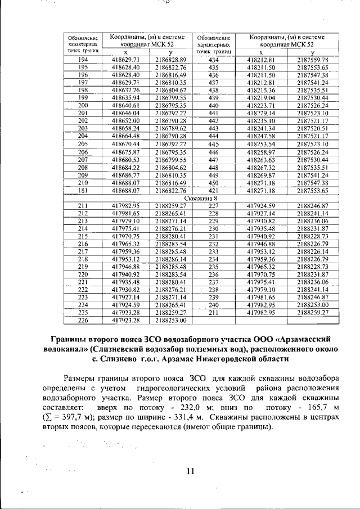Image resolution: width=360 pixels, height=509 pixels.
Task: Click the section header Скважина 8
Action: (202, 198)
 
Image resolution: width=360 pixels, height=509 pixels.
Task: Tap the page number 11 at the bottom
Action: (190, 471)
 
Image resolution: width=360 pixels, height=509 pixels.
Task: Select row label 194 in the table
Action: (83, 60)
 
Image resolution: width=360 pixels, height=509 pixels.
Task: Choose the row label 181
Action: (83, 191)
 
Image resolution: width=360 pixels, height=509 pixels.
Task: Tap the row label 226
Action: (83, 320)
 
